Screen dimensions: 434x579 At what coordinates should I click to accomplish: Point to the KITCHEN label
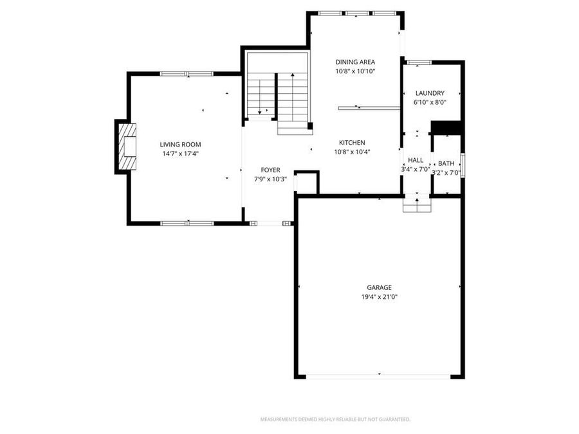pyautogui.click(x=352, y=143)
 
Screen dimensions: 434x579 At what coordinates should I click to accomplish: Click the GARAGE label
pyautogui.click(x=379, y=287)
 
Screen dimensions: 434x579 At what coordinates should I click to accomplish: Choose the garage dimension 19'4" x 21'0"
pyautogui.click(x=379, y=296)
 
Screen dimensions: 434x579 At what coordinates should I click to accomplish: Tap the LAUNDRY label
pyautogui.click(x=429, y=93)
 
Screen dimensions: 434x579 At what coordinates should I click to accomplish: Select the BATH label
pyautogui.click(x=446, y=163)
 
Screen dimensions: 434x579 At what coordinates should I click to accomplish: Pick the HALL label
pyautogui.click(x=416, y=160)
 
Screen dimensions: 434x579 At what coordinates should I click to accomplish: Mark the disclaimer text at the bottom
pyautogui.click(x=335, y=419)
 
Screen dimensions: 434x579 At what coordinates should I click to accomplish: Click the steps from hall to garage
pyautogui.click(x=417, y=204)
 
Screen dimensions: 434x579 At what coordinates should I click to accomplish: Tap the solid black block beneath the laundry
pyautogui.click(x=446, y=128)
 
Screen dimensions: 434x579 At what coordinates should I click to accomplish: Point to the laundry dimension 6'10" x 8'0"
pyautogui.click(x=429, y=102)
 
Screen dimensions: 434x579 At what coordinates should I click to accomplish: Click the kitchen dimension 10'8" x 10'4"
pyautogui.click(x=352, y=152)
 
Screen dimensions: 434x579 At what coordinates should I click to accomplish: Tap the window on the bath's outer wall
pyautogui.click(x=463, y=164)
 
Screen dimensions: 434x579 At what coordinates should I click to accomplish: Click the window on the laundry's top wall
pyautogui.click(x=419, y=62)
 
